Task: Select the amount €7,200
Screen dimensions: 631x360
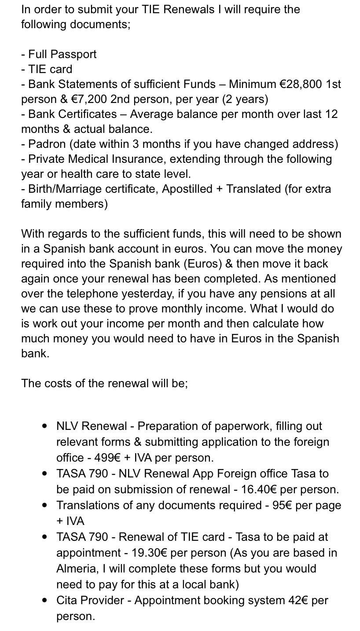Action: pos(89,99)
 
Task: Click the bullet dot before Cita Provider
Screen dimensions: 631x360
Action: pos(44,600)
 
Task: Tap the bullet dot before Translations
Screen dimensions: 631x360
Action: pos(44,505)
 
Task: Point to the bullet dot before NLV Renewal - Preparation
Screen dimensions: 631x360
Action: pos(44,426)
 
